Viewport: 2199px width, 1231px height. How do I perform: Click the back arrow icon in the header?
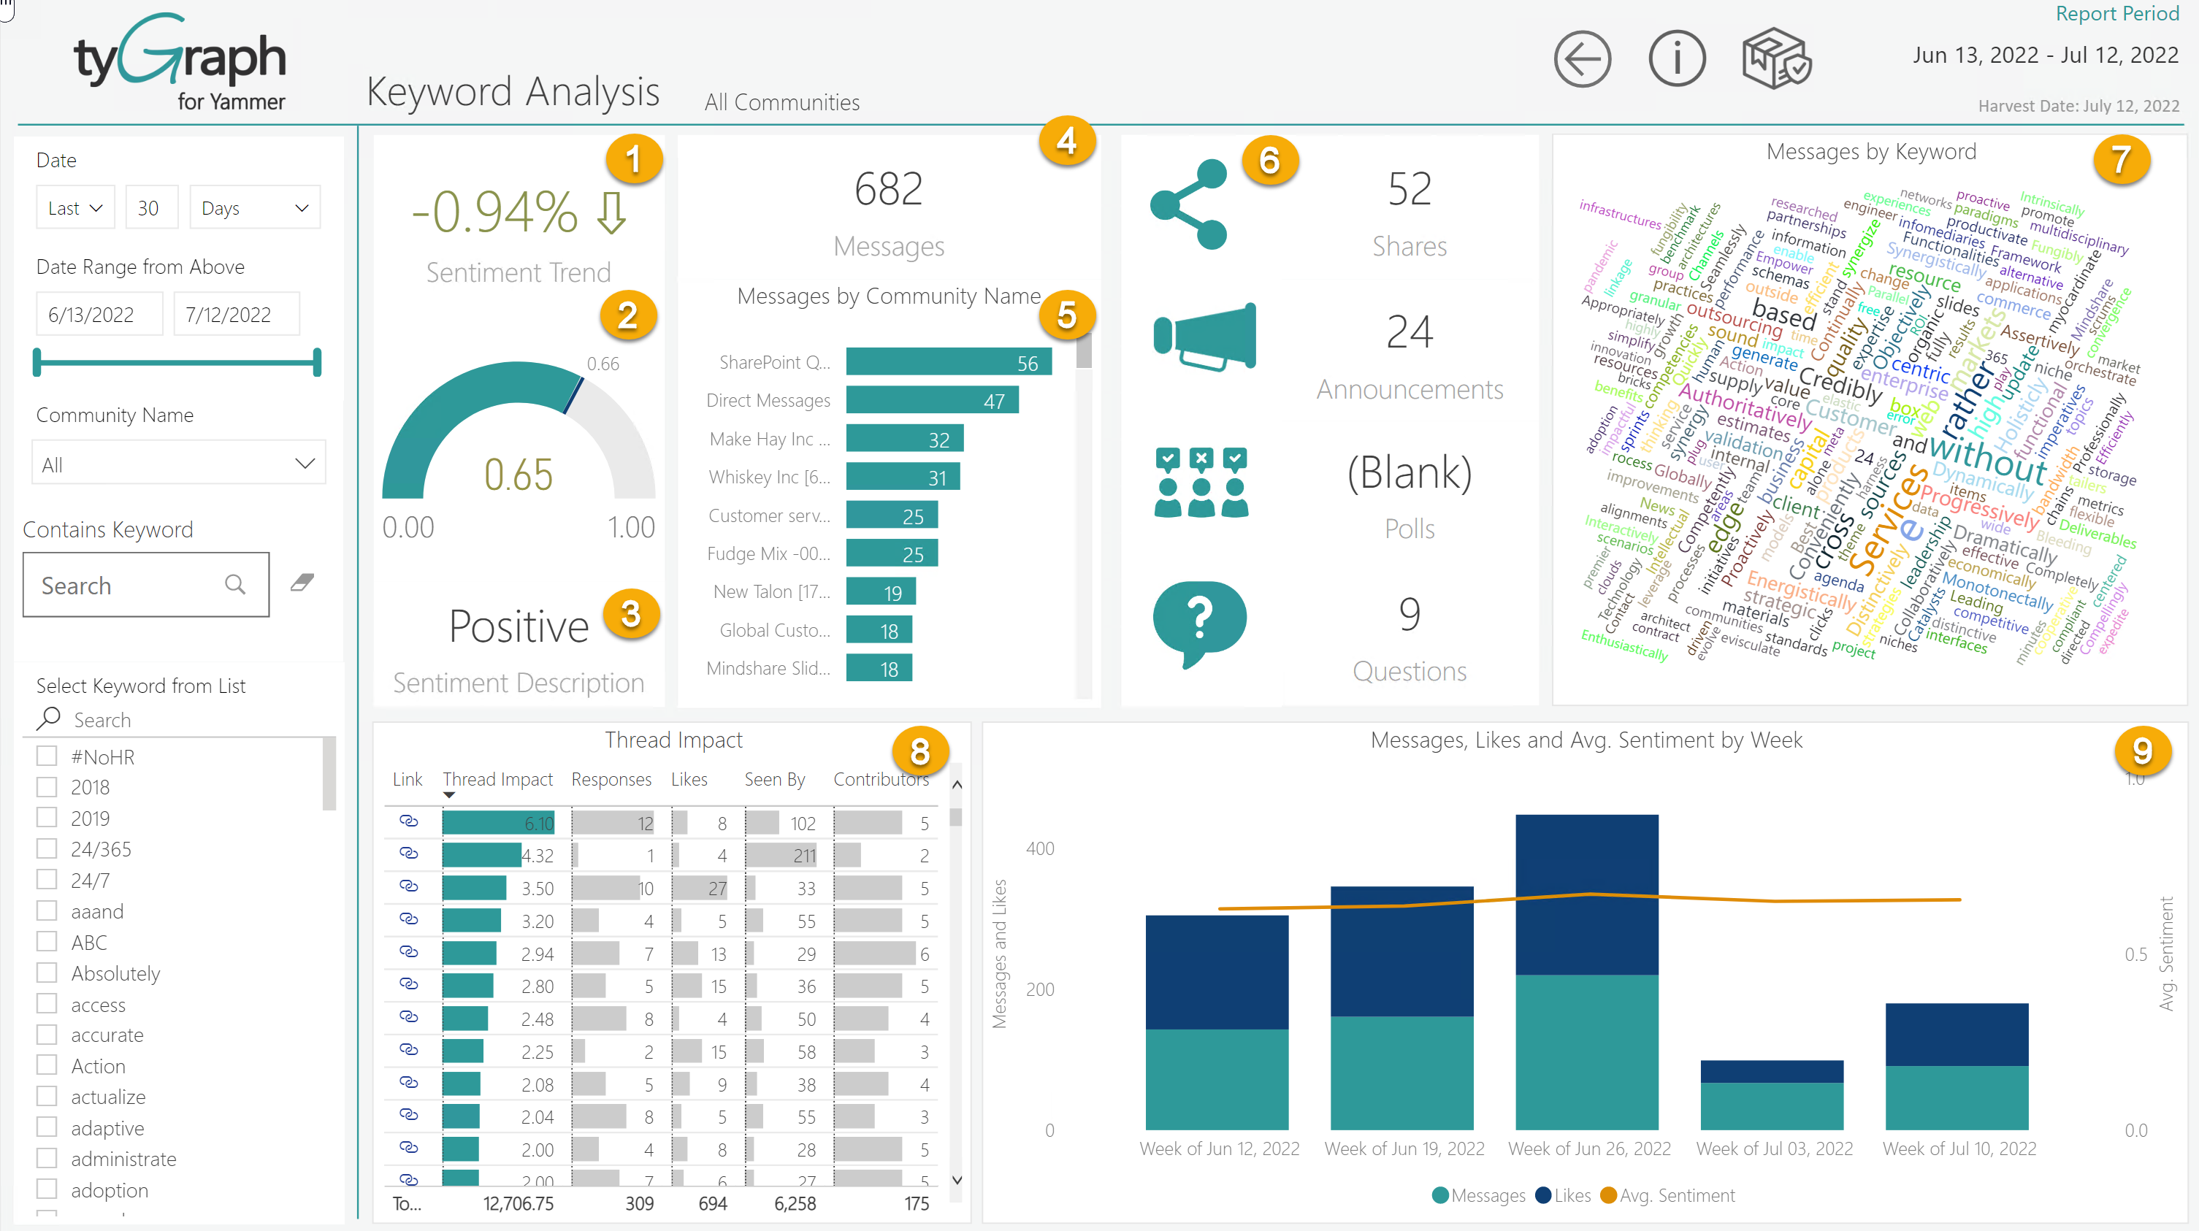pos(1582,60)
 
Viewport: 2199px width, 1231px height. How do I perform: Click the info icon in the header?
pos(1677,60)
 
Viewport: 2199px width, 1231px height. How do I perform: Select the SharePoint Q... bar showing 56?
pos(947,362)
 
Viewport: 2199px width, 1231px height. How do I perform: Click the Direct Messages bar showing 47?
pos(931,400)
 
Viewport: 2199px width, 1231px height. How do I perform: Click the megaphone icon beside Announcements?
pos(1204,337)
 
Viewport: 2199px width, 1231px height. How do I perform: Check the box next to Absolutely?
pos(47,973)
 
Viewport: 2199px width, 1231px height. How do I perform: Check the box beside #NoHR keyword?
pos(47,756)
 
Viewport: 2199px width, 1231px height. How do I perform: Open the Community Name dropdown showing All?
pos(178,464)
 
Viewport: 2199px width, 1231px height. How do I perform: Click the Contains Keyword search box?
pos(128,586)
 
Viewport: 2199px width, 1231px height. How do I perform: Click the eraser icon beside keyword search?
pos(302,583)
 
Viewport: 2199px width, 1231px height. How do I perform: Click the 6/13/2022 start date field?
pos(98,314)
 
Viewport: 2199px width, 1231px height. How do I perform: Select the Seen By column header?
pos(773,779)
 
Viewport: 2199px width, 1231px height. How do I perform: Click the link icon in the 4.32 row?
pos(409,854)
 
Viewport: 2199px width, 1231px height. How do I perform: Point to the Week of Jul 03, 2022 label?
pos(1774,1149)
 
